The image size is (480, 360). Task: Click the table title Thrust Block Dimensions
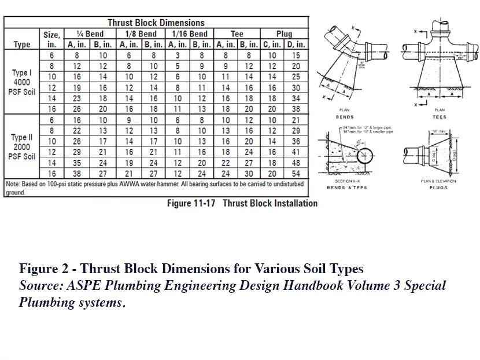click(x=156, y=23)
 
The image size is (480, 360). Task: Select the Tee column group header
click(x=237, y=34)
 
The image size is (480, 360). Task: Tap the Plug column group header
click(x=284, y=34)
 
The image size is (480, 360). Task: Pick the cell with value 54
click(x=297, y=174)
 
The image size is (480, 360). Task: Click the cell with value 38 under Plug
click(x=297, y=109)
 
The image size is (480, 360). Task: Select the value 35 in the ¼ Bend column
click(x=77, y=163)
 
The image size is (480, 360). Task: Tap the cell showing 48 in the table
click(x=297, y=163)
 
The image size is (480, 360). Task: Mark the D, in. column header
click(x=297, y=44)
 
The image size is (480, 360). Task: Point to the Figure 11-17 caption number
click(x=191, y=203)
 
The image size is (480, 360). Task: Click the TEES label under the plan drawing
click(x=440, y=117)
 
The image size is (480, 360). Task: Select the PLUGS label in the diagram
click(x=438, y=188)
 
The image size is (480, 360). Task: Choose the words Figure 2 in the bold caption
click(x=42, y=269)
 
